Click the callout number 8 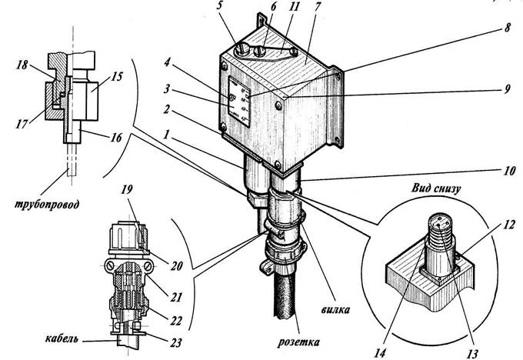click(507, 27)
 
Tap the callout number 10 click(508, 172)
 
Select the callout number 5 click(220, 6)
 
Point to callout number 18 click(22, 65)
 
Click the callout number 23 click(176, 342)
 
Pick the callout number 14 click(380, 352)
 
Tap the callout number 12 click(509, 225)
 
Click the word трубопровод click(47, 204)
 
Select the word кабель click(62, 338)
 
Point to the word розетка click(298, 342)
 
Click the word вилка click(335, 309)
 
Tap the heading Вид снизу click(436, 188)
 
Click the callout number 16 click(115, 137)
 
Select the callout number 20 click(176, 266)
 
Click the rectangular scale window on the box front click(239, 101)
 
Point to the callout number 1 click(166, 135)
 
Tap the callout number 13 click(471, 353)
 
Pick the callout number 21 click(176, 297)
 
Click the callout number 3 click(166, 89)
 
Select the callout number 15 click(117, 76)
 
